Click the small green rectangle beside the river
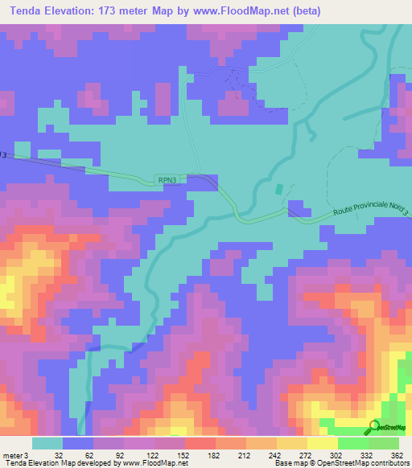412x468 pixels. pyautogui.click(x=279, y=190)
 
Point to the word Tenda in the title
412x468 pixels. pyautogui.click(x=23, y=10)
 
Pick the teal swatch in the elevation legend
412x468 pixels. pyautogui.click(x=47, y=443)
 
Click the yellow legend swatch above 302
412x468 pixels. pyautogui.click(x=323, y=443)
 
